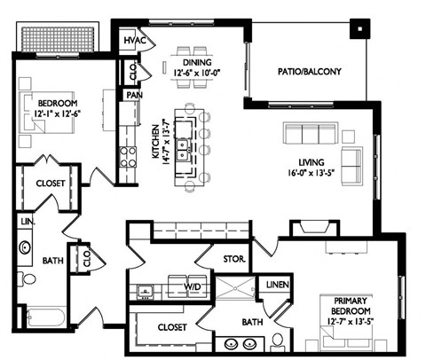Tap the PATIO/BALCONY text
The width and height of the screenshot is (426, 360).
[x=309, y=71]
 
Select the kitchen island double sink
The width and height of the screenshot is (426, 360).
[x=184, y=148]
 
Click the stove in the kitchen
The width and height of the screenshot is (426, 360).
[x=128, y=157]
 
